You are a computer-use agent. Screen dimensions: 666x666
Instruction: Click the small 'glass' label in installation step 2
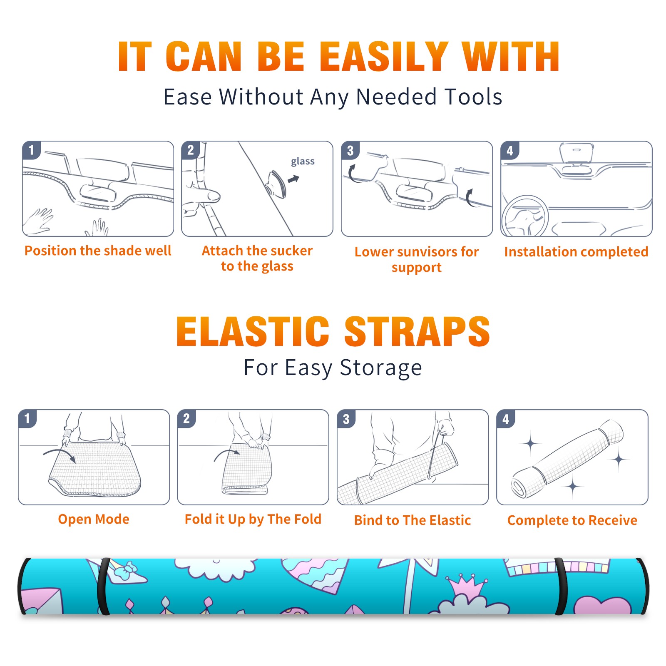click(x=303, y=162)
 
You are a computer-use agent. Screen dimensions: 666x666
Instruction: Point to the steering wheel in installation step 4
click(x=525, y=216)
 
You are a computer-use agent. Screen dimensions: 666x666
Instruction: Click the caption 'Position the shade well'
click(x=98, y=251)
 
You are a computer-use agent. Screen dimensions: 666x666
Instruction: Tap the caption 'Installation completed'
click(x=576, y=251)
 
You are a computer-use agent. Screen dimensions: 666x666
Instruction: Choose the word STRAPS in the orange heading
click(x=417, y=331)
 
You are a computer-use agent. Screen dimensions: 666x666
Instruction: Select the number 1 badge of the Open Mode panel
click(x=27, y=418)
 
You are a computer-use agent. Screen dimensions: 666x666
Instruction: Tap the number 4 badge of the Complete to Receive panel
click(x=506, y=419)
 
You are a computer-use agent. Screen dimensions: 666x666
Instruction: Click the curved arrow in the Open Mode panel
click(x=60, y=455)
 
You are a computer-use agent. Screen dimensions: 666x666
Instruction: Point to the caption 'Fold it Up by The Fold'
click(x=253, y=519)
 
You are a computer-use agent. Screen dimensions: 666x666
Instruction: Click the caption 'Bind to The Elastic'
click(x=413, y=520)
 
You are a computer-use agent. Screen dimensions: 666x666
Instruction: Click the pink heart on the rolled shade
click(x=602, y=606)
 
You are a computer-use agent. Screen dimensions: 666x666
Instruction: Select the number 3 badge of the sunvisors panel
click(x=350, y=151)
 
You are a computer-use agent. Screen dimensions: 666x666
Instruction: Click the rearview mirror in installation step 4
click(x=577, y=153)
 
